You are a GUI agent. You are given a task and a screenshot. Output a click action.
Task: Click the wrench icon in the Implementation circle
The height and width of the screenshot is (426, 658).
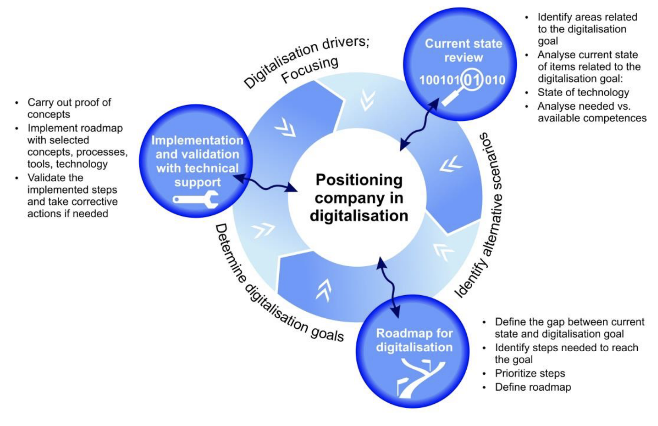click(196, 199)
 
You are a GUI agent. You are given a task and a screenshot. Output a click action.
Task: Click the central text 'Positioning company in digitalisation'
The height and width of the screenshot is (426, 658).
click(359, 198)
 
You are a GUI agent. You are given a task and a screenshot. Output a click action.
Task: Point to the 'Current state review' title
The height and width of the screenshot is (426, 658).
click(463, 50)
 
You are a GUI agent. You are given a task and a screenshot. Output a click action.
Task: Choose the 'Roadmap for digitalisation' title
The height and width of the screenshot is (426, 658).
click(414, 340)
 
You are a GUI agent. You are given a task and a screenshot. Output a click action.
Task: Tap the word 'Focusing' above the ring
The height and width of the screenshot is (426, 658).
click(310, 69)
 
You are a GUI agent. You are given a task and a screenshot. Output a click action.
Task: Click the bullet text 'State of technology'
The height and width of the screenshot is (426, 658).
click(583, 93)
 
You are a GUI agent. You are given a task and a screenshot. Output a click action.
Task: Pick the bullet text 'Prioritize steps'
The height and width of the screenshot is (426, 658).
click(530, 374)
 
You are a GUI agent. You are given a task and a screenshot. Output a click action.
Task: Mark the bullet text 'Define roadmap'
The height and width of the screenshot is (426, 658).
click(533, 387)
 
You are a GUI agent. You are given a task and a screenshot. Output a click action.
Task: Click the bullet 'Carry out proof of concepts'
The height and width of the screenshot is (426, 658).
click(69, 108)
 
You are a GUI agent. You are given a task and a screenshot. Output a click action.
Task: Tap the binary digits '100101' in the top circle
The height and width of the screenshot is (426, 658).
click(439, 81)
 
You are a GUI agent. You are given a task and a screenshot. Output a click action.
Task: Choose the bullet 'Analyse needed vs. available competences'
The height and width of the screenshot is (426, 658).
click(592, 112)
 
